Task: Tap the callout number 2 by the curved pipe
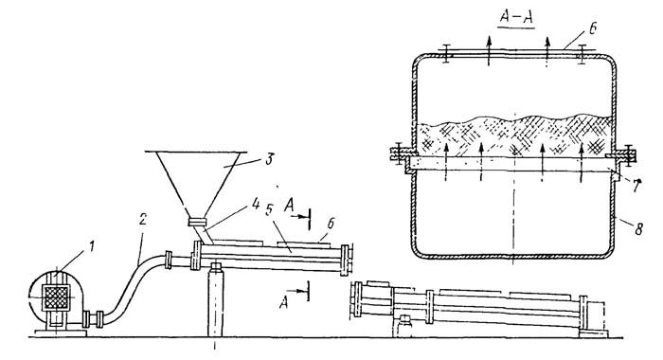point(143,220)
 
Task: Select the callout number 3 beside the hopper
point(268,159)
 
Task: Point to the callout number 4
point(256,204)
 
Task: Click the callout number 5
point(269,209)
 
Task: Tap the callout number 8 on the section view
point(638,229)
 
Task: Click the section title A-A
point(516,17)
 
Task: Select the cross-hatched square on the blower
point(56,297)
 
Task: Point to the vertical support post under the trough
point(216,300)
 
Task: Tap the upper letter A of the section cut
point(289,206)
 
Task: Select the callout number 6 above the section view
point(592,28)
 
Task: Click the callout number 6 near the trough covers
point(331,224)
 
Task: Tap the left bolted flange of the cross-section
point(399,154)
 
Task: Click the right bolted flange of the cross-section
point(625,154)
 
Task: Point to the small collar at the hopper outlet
point(197,222)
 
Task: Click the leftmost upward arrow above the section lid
point(489,50)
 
